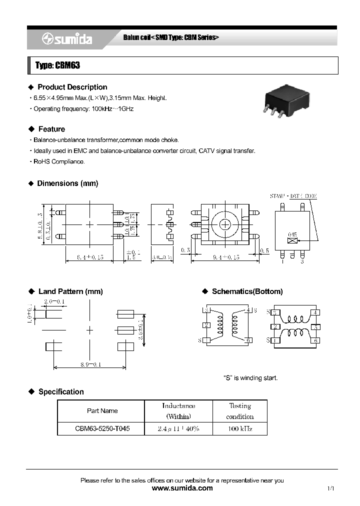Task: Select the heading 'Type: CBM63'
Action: pyautogui.click(x=58, y=65)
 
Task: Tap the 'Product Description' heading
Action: pyautogui.click(x=72, y=87)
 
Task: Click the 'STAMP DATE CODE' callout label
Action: pyautogui.click(x=293, y=196)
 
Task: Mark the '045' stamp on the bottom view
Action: pyautogui.click(x=292, y=234)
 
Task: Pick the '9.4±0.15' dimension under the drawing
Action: pyautogui.click(x=226, y=257)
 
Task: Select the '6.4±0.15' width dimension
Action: pyautogui.click(x=90, y=257)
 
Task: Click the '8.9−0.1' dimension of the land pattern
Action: pyautogui.click(x=90, y=364)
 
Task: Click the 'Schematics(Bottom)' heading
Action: pyautogui.click(x=247, y=291)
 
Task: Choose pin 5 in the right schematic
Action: pyautogui.click(x=315, y=326)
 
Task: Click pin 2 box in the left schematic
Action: pyautogui.click(x=206, y=325)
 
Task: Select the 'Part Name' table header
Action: pyautogui.click(x=102, y=410)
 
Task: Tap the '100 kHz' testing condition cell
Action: pyautogui.click(x=240, y=429)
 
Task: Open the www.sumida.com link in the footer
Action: pyautogui.click(x=181, y=488)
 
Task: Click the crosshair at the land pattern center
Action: pyautogui.click(x=90, y=330)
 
